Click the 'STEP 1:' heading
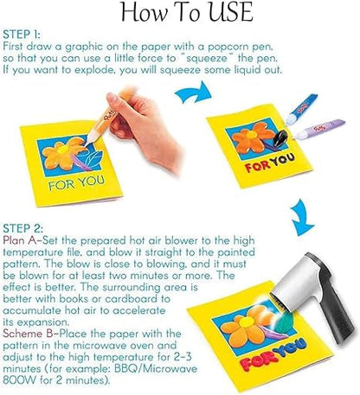22,35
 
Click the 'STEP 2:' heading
23,228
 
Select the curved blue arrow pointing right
193,93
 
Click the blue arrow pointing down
301,218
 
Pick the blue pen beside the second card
301,109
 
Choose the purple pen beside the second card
319,129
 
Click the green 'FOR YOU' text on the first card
76,183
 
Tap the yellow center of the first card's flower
62,150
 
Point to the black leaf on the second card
280,138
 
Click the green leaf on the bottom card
284,322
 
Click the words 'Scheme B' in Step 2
28,334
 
